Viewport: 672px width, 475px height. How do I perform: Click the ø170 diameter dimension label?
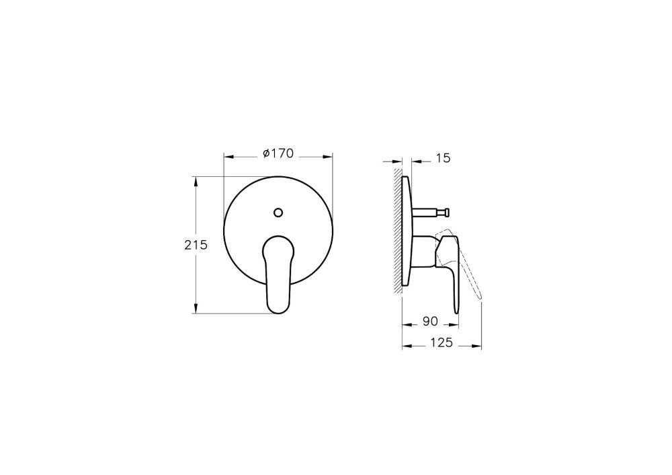pos(278,154)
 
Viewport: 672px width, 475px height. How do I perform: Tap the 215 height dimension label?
pos(194,245)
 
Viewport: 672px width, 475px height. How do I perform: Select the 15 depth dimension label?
pos(442,158)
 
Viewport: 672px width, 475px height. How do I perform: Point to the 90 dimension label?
pos(431,322)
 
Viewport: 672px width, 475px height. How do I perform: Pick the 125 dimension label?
pos(440,342)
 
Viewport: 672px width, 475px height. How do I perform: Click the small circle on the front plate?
pos(278,213)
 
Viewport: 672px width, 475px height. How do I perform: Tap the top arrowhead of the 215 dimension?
pos(196,181)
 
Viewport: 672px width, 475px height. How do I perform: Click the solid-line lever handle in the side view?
pos(452,269)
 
